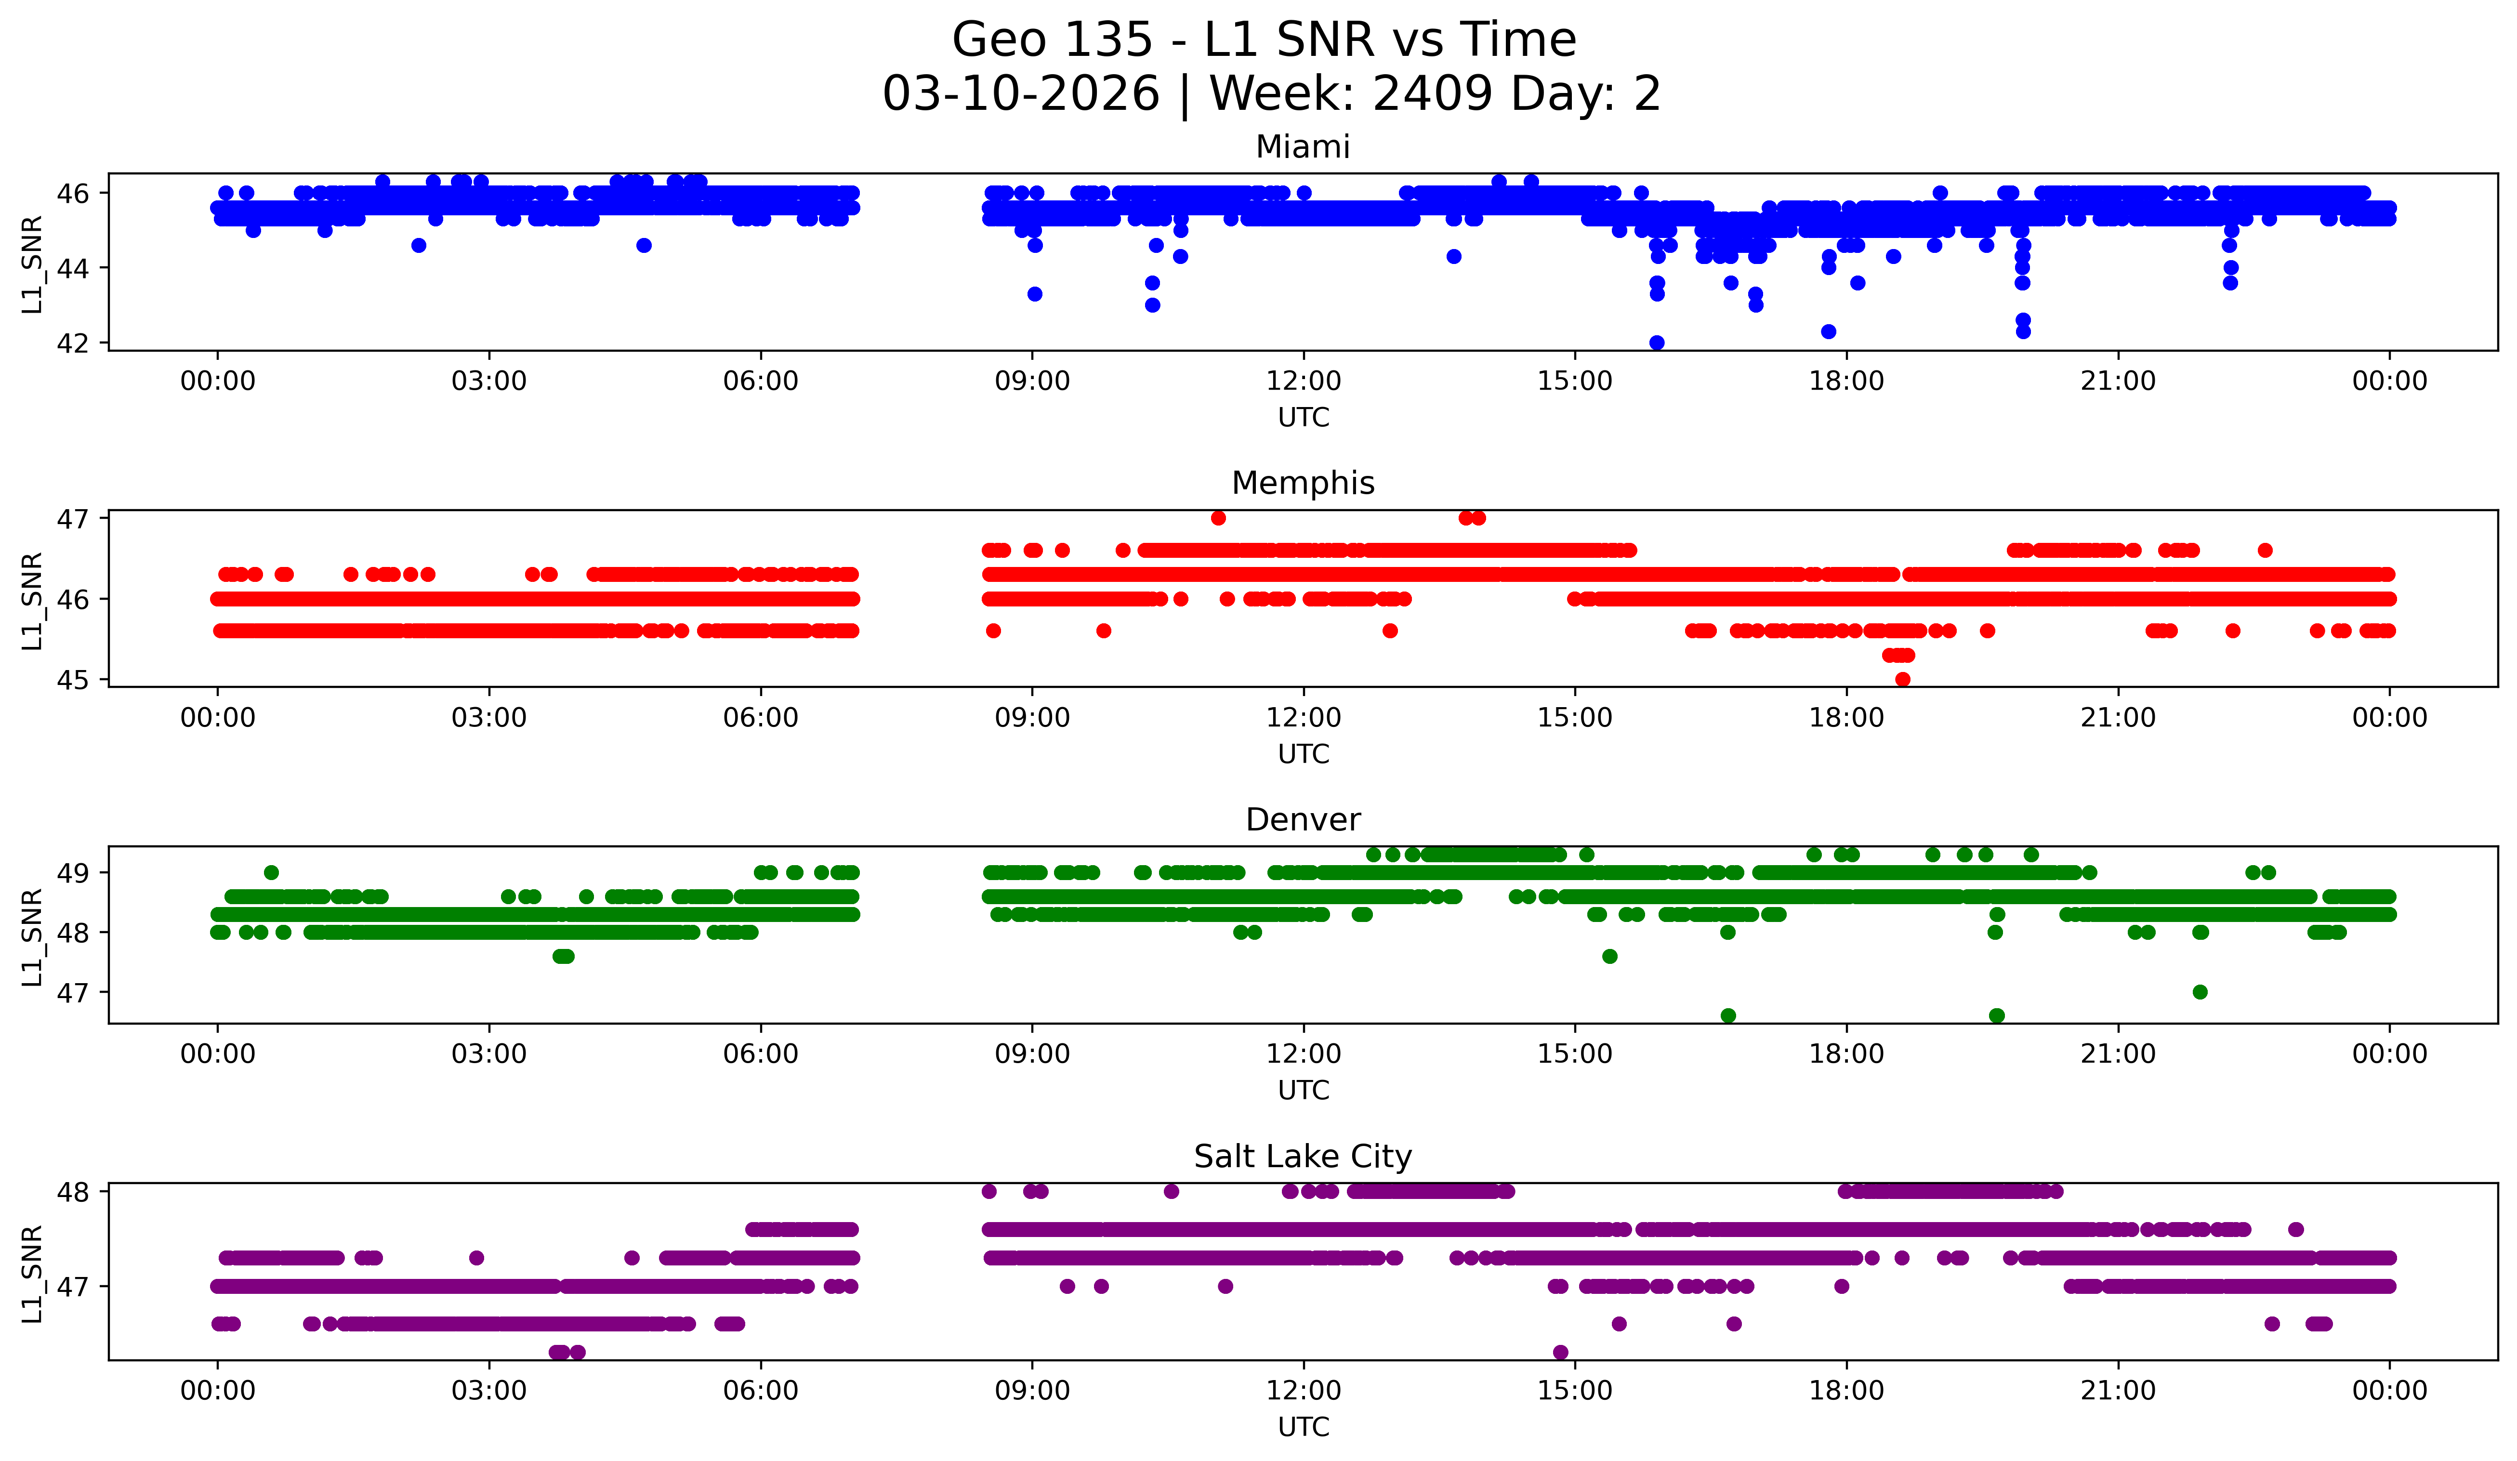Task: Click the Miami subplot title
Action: (x=1303, y=147)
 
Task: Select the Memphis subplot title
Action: (x=1303, y=483)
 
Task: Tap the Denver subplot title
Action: (x=1303, y=820)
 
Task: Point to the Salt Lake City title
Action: (x=1303, y=1157)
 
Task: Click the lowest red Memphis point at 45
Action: (x=1903, y=679)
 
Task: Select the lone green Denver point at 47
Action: (x=2200, y=992)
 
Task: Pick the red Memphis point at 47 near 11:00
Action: (x=1217, y=517)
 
